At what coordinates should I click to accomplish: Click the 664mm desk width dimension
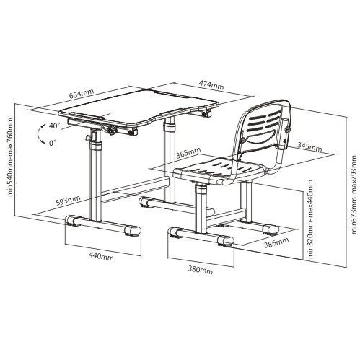82,94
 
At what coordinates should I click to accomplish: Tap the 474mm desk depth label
211,84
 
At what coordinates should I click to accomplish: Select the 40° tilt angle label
54,126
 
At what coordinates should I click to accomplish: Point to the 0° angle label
53,143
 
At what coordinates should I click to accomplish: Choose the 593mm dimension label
69,201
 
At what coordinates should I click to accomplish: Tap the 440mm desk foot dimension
102,257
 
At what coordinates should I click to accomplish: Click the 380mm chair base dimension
201,271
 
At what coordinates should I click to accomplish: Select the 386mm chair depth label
276,242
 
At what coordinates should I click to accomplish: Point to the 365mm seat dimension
188,153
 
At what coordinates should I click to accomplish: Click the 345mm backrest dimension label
309,146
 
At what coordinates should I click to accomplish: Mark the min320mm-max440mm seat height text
311,219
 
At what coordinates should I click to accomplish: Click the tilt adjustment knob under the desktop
111,131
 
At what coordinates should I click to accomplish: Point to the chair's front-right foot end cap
227,240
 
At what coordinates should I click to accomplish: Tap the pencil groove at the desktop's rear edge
170,94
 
